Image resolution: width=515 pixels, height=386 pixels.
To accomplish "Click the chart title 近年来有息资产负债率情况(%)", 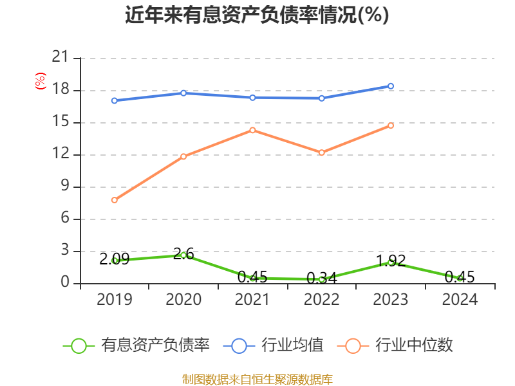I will coord(257,15).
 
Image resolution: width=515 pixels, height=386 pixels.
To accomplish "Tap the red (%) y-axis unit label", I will coord(41,82).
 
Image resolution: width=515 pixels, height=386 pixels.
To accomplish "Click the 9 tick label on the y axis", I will coord(64,187).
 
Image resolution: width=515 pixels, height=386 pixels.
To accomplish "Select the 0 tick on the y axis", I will coord(64,283).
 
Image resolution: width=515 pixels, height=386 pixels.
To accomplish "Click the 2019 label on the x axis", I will coord(115,299).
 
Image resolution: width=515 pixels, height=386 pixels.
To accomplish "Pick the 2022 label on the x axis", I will coord(321,299).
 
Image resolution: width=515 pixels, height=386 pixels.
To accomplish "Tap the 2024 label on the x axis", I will coord(460,299).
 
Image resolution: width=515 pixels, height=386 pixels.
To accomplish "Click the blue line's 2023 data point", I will coord(391,86).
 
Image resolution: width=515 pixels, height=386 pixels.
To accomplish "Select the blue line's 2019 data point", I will coord(115,100).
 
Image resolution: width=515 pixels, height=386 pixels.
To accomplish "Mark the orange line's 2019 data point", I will coord(115,200).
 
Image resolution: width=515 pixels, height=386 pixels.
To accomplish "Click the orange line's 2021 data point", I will coord(252,130).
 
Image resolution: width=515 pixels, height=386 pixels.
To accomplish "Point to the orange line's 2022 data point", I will coord(321,152).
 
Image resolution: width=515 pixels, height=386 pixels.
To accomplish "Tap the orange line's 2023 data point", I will coord(391,125).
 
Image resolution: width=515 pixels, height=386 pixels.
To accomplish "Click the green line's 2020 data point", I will coord(183,255).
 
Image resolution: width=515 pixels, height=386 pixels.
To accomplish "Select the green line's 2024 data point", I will coord(460,278).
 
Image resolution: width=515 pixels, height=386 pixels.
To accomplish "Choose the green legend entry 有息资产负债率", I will coord(137,345).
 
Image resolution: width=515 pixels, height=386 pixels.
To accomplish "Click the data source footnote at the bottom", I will coord(257,379).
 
